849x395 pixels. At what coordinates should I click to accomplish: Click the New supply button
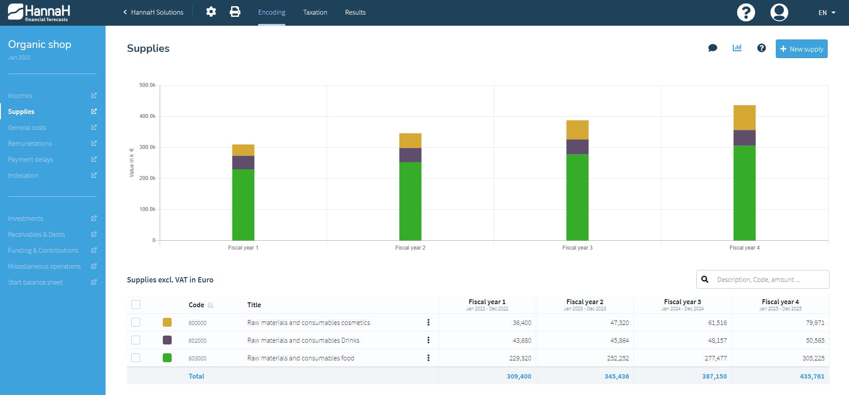(x=802, y=49)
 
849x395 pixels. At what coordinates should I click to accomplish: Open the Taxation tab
(x=315, y=12)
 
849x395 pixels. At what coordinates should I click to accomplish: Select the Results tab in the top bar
(x=355, y=12)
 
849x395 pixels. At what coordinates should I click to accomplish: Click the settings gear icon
(x=211, y=12)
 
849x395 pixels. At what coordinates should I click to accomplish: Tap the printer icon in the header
(x=235, y=12)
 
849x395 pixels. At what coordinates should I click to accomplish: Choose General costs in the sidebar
(x=27, y=128)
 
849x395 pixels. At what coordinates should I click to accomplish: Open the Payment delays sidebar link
(x=31, y=160)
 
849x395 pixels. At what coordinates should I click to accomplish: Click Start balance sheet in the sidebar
(x=35, y=282)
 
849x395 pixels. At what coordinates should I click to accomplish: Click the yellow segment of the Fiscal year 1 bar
(x=243, y=150)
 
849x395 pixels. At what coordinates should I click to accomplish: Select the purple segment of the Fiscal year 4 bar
(x=744, y=138)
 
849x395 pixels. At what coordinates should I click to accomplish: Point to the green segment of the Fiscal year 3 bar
(x=578, y=197)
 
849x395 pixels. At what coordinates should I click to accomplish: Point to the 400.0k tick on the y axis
(x=147, y=116)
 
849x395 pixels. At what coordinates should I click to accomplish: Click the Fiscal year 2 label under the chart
(x=410, y=248)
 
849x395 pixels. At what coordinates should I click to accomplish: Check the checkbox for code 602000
(x=136, y=340)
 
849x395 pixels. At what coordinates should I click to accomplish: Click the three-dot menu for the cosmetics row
(x=428, y=322)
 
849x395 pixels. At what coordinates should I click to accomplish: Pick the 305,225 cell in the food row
(x=813, y=358)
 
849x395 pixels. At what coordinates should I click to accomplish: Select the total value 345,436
(x=617, y=376)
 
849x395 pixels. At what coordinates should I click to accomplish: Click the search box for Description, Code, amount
(x=763, y=279)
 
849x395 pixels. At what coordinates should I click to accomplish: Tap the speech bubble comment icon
(x=713, y=48)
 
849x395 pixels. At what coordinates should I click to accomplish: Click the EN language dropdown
(x=827, y=12)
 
